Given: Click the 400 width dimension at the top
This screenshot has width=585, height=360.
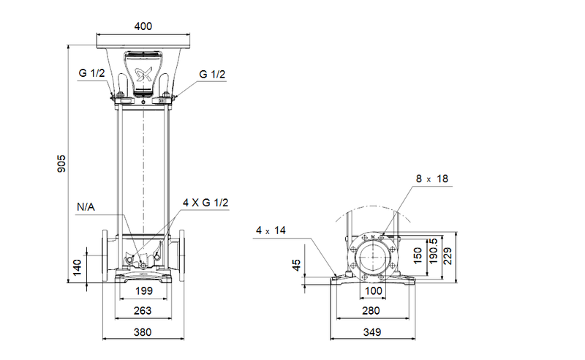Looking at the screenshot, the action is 143,26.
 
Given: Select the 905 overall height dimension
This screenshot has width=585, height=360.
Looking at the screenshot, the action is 61,164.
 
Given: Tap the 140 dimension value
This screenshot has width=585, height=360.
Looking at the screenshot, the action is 77,267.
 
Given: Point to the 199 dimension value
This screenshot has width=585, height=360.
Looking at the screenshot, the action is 143,290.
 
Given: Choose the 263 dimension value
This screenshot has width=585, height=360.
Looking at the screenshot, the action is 143,311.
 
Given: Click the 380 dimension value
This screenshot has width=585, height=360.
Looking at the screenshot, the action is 143,332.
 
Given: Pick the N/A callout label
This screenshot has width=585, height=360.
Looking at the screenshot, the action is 86,207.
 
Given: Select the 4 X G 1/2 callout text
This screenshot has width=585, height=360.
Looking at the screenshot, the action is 205,203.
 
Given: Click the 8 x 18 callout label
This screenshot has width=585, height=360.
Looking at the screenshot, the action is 432,179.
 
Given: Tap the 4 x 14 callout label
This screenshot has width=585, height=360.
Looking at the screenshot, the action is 271,230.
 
